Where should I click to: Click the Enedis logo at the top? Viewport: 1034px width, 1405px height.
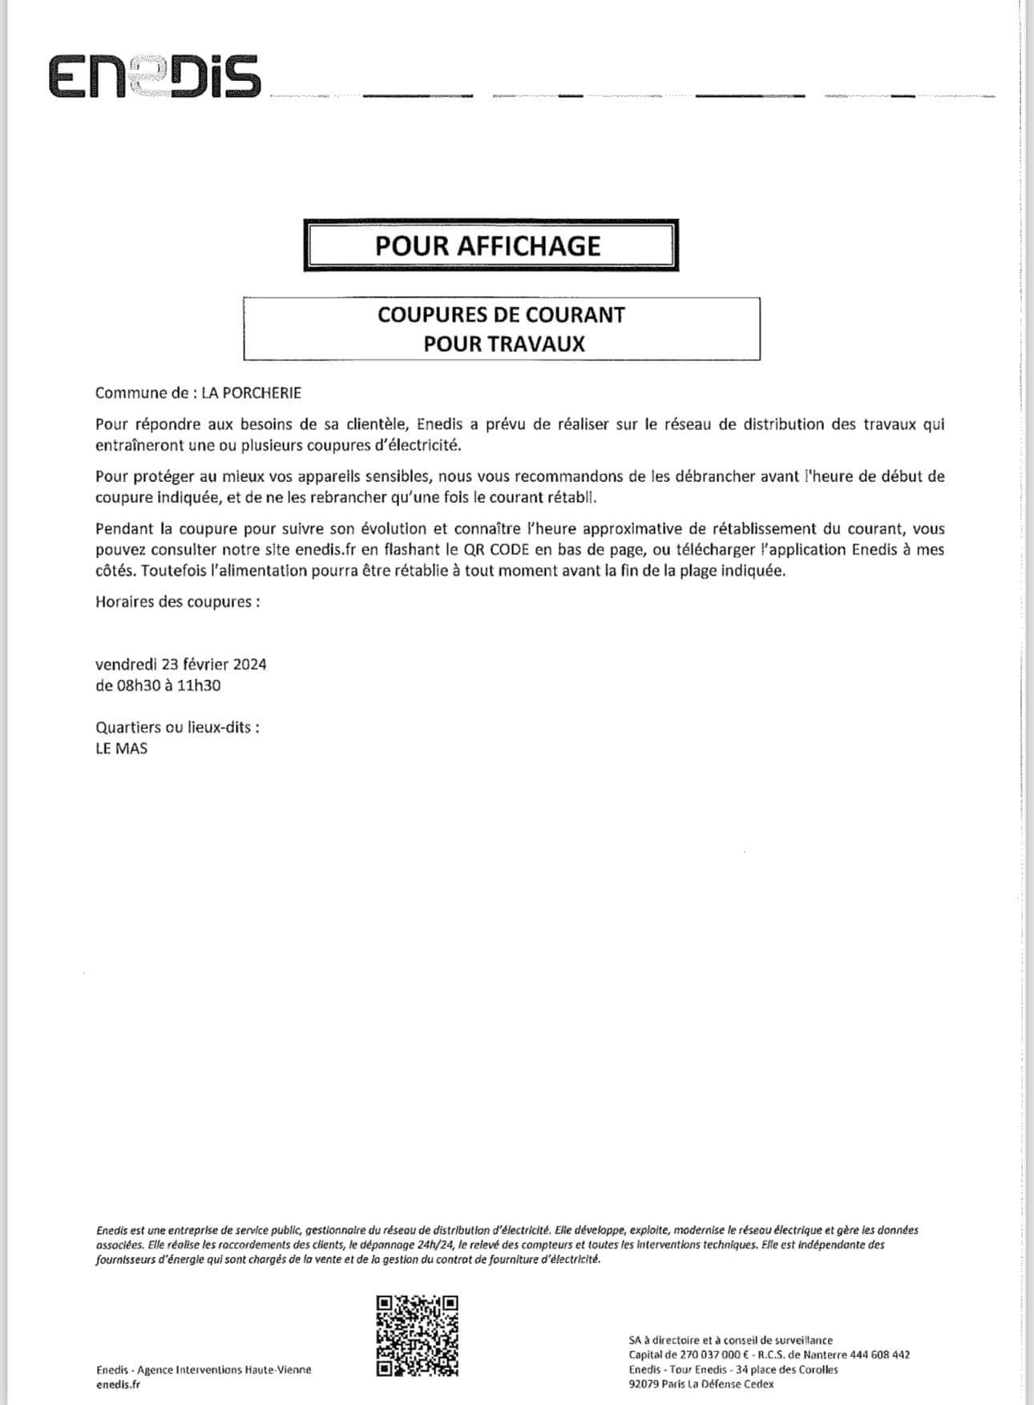click(x=155, y=77)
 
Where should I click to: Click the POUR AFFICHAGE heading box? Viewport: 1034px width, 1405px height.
click(x=491, y=245)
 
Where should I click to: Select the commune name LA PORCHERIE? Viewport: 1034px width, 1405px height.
click(x=251, y=393)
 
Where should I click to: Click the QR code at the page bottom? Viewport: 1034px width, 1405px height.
click(x=417, y=1335)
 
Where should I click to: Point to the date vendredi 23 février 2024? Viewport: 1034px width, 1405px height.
click(x=180, y=665)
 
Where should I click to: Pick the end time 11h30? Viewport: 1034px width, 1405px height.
click(x=200, y=686)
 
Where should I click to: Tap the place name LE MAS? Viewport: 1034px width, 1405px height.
click(x=121, y=749)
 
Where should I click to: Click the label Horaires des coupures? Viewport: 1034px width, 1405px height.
click(x=176, y=602)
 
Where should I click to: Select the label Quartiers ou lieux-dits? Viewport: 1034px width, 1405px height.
click(x=176, y=728)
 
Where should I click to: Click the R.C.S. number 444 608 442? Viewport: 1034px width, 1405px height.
click(x=879, y=1354)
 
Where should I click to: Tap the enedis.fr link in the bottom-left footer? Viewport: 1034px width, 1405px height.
click(x=118, y=1384)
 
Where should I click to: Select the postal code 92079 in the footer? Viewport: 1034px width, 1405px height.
click(x=644, y=1384)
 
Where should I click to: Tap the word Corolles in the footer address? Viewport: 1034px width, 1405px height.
click(x=818, y=1370)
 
